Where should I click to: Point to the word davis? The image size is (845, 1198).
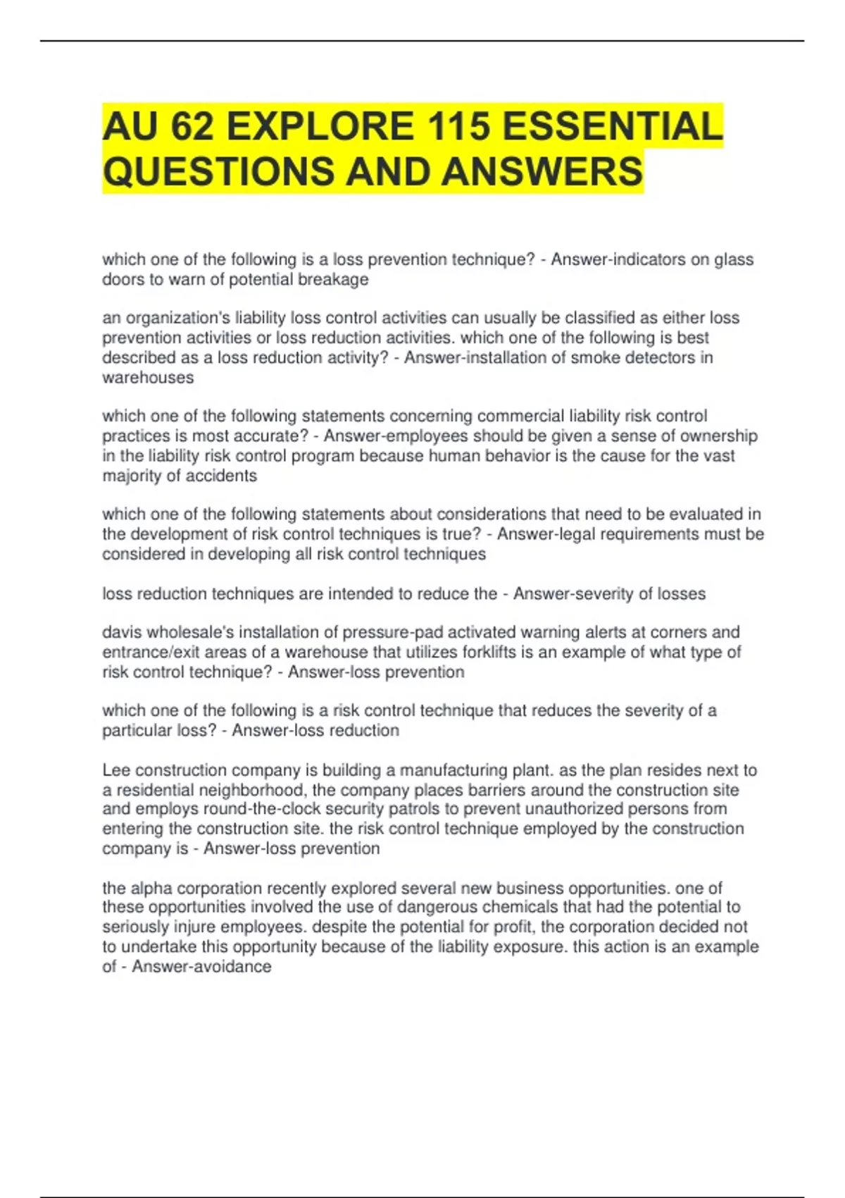(x=122, y=632)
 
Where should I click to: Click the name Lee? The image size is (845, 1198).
(x=116, y=770)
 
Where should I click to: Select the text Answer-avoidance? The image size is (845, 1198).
(x=201, y=966)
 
